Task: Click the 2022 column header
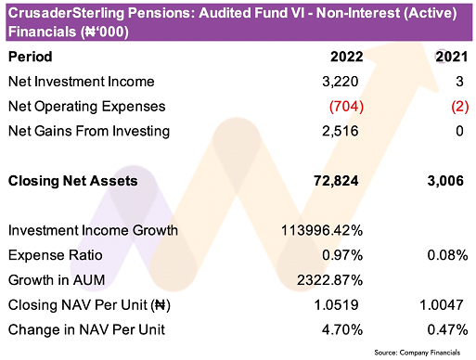pyautogui.click(x=346, y=57)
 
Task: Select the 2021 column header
pyautogui.click(x=451, y=57)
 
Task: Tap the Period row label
pyautogui.click(x=31, y=57)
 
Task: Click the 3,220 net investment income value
pyautogui.click(x=341, y=82)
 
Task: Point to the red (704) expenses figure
pyautogui.click(x=346, y=107)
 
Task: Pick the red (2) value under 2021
pyautogui.click(x=460, y=107)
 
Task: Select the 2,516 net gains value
pyautogui.click(x=341, y=131)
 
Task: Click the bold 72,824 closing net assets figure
pyautogui.click(x=336, y=181)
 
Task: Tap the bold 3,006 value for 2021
pyautogui.click(x=445, y=181)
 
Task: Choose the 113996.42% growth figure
pyautogui.click(x=322, y=230)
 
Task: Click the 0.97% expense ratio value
pyautogui.click(x=342, y=255)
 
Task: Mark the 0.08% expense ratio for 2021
pyautogui.click(x=447, y=255)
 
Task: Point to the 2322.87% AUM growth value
pyautogui.click(x=330, y=280)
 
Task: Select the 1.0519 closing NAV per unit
pyautogui.click(x=336, y=305)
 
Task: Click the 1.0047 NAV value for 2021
pyautogui.click(x=442, y=305)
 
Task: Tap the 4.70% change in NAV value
pyautogui.click(x=342, y=329)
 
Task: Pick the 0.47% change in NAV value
pyautogui.click(x=447, y=329)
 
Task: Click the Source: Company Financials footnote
pyautogui.click(x=418, y=353)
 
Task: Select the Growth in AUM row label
pyautogui.click(x=57, y=280)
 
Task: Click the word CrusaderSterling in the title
pyautogui.click(x=67, y=13)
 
